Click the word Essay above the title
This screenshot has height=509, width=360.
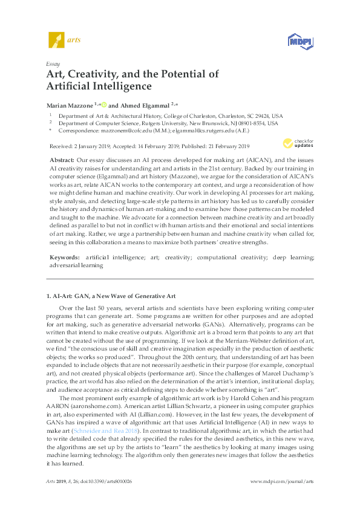pos(52,63)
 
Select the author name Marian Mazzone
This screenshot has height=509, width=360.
pos(68,104)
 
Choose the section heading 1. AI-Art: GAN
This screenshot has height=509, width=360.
pos(111,296)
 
